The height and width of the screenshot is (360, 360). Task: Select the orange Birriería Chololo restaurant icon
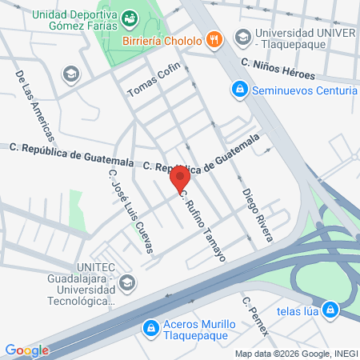214,38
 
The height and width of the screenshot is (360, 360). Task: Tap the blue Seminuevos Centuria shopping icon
238,90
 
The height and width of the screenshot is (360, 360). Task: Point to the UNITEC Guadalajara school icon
128,282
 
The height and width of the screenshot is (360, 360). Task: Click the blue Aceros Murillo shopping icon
150,328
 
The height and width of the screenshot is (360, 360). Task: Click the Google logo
26,350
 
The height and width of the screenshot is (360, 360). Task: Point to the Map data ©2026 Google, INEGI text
295,354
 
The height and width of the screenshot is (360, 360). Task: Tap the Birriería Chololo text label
163,38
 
